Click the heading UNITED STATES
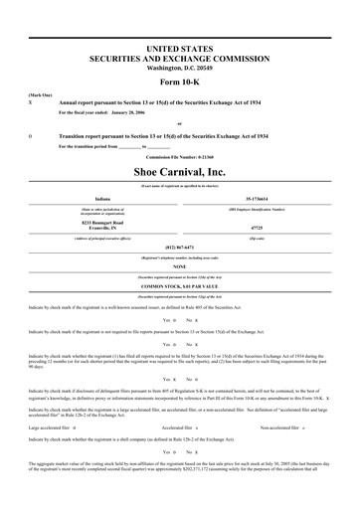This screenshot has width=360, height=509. [x=179, y=47]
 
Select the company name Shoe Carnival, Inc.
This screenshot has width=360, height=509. [x=179, y=172]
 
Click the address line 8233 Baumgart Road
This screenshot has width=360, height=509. [x=96, y=220]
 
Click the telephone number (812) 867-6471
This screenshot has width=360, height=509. [x=179, y=247]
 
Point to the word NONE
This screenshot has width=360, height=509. [x=179, y=266]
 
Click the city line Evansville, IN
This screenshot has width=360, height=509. [x=96, y=227]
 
